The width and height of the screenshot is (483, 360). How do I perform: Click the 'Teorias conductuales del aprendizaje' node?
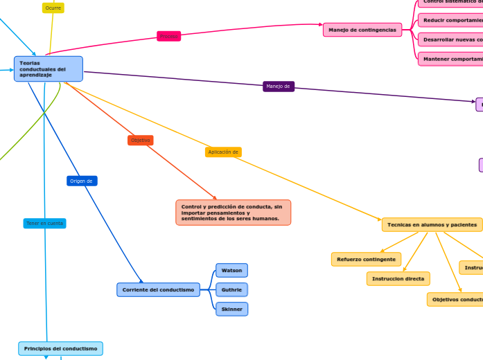[x=48, y=69]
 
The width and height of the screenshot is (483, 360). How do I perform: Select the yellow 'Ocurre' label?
[x=53, y=8]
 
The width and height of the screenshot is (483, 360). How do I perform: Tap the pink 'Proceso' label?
[x=168, y=36]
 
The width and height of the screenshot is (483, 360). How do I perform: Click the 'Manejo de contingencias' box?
[x=362, y=30]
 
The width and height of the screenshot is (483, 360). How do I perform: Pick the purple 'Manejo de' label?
[x=279, y=87]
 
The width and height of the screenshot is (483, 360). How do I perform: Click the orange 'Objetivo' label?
[x=141, y=141]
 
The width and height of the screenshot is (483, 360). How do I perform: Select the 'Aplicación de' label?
[x=223, y=152]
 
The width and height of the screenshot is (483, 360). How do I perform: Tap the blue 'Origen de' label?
[x=82, y=181]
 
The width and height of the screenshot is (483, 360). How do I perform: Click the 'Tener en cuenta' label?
[x=45, y=224]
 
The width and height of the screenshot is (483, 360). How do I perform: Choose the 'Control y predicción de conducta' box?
[x=233, y=213]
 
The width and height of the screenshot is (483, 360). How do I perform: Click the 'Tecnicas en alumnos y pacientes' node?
[x=432, y=225]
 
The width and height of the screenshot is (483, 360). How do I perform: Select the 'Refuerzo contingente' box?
[x=366, y=260]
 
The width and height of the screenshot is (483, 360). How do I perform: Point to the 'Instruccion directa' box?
[x=398, y=278]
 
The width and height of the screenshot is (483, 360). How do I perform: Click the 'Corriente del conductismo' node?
[x=158, y=289]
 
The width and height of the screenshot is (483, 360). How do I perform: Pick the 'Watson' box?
[x=231, y=270]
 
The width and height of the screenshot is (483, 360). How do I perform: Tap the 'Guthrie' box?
[x=231, y=289]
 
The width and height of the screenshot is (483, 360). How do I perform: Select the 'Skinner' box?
[x=231, y=309]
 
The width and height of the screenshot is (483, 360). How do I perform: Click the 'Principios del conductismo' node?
[x=60, y=348]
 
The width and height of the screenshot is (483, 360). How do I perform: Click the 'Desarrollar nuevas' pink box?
[x=451, y=39]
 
